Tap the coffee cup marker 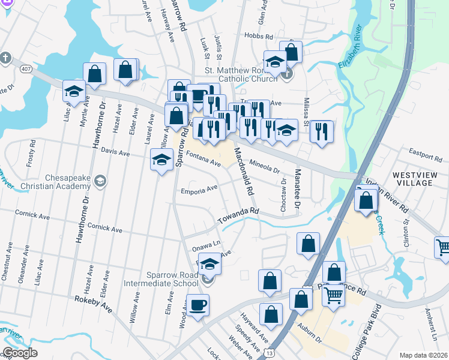[x=197, y=305]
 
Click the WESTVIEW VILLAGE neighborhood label [x=414, y=179]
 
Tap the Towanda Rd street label [x=238, y=217]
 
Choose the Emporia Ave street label [x=199, y=190]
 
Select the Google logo [x=20, y=353]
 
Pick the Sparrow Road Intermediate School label [x=160, y=279]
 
